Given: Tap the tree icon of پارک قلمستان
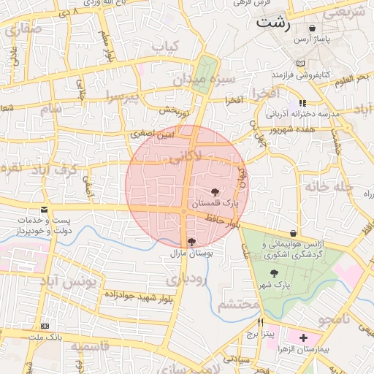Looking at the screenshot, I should coord(213,191).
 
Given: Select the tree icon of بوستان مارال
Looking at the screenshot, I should coord(192,241).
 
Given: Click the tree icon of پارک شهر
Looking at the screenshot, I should coord(274,272).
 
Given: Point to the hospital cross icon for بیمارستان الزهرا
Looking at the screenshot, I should coord(303,337).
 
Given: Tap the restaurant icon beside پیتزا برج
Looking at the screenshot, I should coord(259,322).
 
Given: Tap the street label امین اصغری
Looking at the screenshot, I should coord(153,134).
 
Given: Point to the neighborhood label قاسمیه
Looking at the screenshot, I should coord(91,348).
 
